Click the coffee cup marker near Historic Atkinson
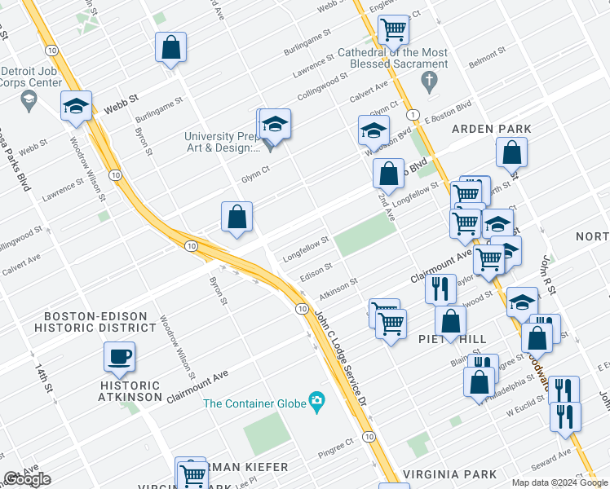(120, 357)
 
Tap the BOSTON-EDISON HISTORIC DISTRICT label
(95, 321)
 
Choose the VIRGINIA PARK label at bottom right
(450, 474)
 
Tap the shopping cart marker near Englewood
(393, 30)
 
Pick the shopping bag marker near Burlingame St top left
(171, 47)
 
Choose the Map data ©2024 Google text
(559, 482)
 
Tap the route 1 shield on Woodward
(414, 114)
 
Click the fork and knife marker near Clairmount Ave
(440, 289)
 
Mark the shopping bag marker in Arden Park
(511, 152)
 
